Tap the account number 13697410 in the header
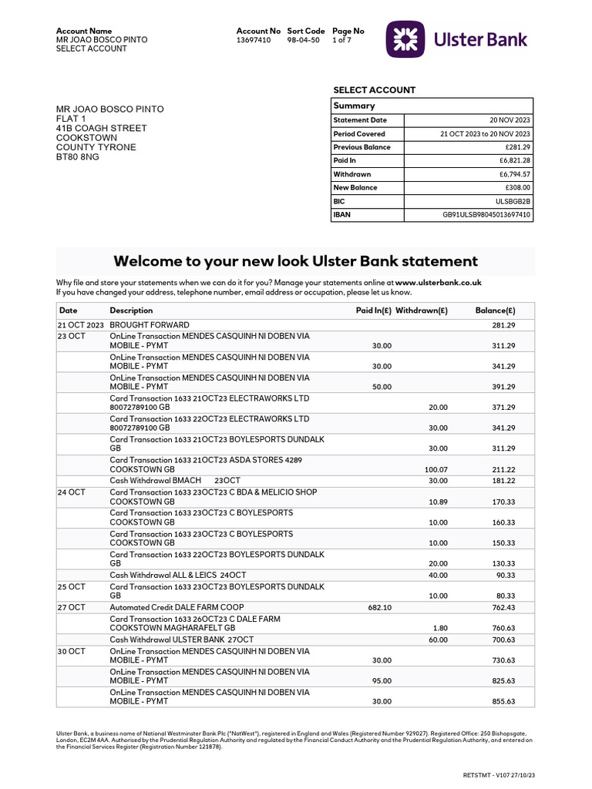point(254,40)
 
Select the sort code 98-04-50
point(302,40)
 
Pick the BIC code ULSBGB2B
point(513,201)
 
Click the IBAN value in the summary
point(486,215)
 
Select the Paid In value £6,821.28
point(515,160)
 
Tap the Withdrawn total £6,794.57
point(515,174)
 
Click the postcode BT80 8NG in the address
point(78,156)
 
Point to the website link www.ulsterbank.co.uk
point(439,283)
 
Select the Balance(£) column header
point(495,310)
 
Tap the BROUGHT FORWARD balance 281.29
point(503,325)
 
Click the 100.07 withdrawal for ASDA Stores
point(436,469)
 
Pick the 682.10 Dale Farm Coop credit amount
point(380,608)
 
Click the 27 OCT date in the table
point(72,607)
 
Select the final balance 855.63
point(503,702)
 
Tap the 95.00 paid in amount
point(382,681)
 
